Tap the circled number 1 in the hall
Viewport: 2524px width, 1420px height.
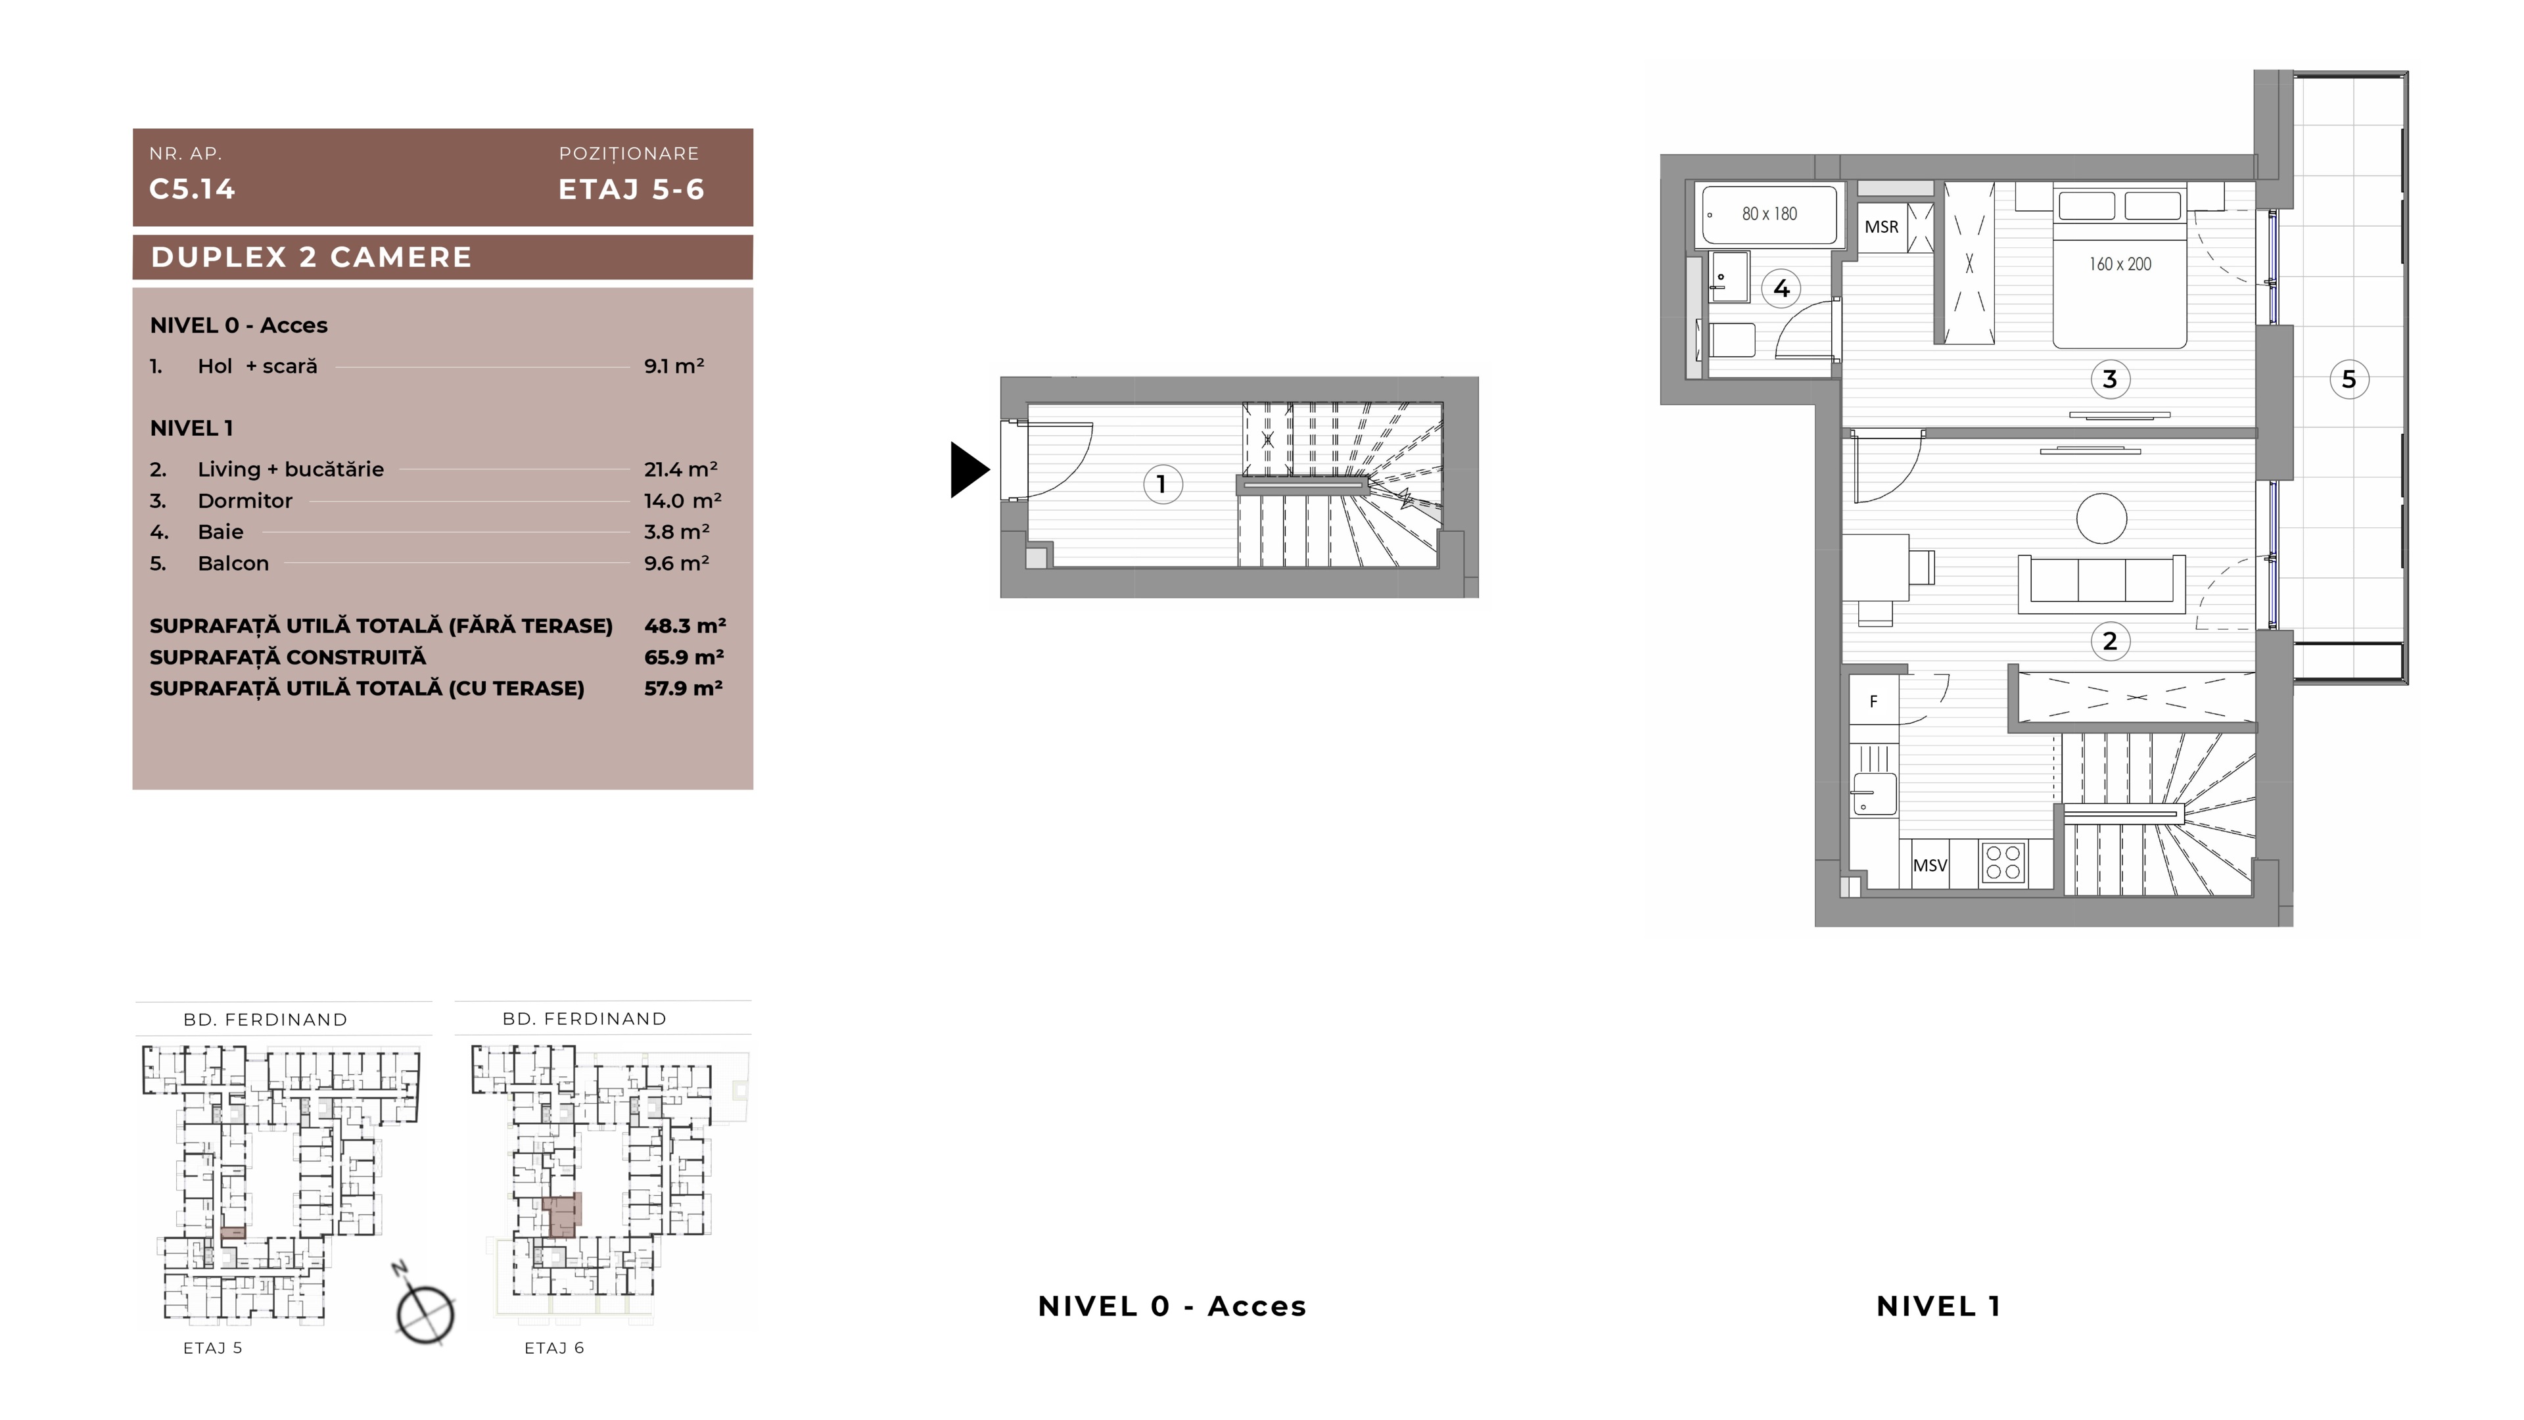pyautogui.click(x=1162, y=484)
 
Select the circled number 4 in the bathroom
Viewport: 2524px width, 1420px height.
pyautogui.click(x=1781, y=288)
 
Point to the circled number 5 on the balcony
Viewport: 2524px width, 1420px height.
pyautogui.click(x=2349, y=379)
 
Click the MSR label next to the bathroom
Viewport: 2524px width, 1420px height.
pyautogui.click(x=1881, y=227)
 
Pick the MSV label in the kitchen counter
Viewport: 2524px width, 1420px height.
pyautogui.click(x=1930, y=865)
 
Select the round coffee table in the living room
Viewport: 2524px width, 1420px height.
pyautogui.click(x=2101, y=517)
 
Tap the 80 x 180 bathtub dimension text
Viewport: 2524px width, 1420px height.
pyautogui.click(x=1769, y=214)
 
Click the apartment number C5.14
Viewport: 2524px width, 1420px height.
pyautogui.click(x=192, y=189)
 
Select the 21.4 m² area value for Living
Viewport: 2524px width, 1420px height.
pyautogui.click(x=681, y=469)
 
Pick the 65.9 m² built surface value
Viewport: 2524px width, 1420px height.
pyautogui.click(x=684, y=657)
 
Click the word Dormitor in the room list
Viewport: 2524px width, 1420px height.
pyautogui.click(x=245, y=501)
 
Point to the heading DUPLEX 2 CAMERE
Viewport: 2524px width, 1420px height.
pyautogui.click(x=312, y=257)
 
